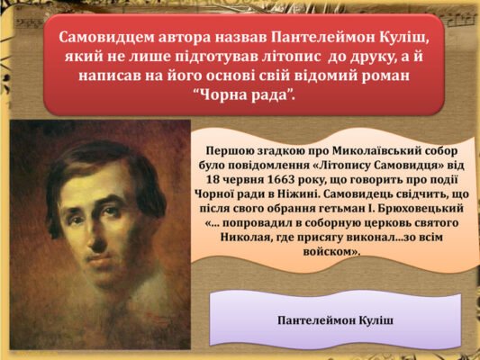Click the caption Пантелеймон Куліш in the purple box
point(333,320)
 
